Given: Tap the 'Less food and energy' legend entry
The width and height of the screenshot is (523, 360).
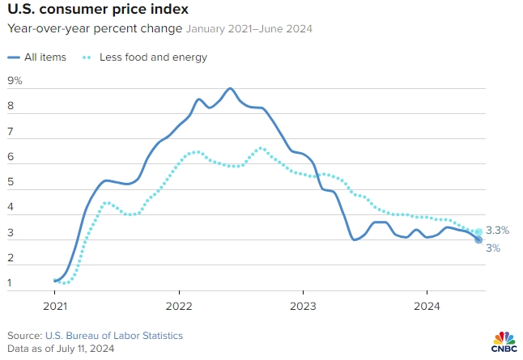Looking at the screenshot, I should point(153,57).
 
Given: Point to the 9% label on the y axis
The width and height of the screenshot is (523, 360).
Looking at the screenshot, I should point(15,81).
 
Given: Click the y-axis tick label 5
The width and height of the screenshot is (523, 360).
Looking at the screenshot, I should point(11,182).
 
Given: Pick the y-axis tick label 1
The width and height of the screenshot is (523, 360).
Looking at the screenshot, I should point(11,283).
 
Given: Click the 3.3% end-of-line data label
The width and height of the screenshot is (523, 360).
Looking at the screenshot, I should point(498,231).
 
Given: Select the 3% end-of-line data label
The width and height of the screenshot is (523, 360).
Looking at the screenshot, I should point(493,248).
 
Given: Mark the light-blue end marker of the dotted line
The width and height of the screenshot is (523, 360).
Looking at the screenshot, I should point(478,232).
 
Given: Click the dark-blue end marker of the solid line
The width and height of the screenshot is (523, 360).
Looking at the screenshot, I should point(478,239).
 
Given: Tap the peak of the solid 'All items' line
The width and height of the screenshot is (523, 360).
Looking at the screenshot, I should point(230,88).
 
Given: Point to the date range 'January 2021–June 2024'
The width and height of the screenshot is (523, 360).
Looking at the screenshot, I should point(249,29).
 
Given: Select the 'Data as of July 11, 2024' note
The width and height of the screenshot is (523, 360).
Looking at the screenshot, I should point(61,349).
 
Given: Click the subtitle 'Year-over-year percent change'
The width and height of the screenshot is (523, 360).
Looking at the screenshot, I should point(95,29).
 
